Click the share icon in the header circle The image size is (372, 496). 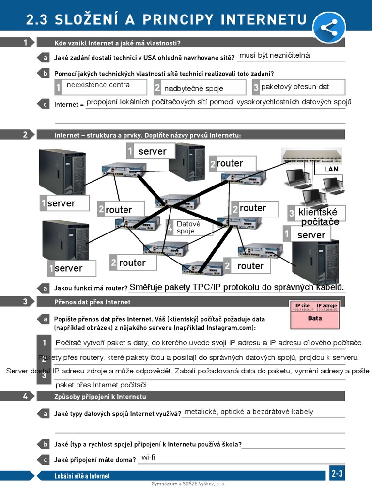pos(329,28)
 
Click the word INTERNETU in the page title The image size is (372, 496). pos(264,19)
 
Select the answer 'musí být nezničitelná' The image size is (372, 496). pos(274,56)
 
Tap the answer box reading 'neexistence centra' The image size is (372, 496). pos(98,85)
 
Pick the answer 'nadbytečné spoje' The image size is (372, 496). pos(194,88)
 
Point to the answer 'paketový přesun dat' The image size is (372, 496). pos(295,87)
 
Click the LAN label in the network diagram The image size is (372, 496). pos(331,169)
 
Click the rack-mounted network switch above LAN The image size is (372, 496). pos(312,155)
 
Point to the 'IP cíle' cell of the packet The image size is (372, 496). pos(302,307)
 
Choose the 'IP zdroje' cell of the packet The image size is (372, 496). pos(327,307)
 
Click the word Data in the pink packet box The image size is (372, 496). pos(315,319)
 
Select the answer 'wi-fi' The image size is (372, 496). pos(148,457)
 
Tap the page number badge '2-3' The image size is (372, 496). pos(337,474)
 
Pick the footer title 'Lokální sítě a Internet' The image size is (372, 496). pos(82,476)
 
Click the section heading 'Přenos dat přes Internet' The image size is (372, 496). pos(93,302)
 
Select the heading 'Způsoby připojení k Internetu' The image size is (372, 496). pos(100,396)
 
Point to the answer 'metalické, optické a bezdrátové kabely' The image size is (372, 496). pos(249,412)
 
